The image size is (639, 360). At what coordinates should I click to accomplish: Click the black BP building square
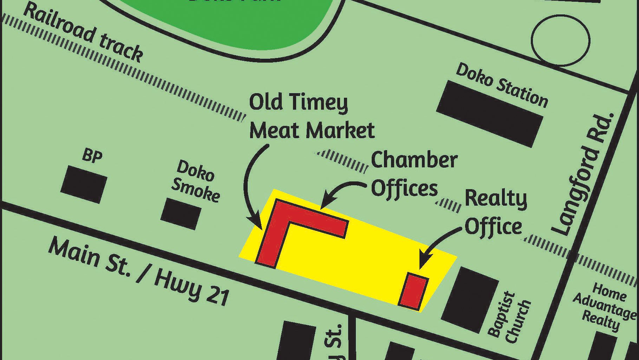point(84,185)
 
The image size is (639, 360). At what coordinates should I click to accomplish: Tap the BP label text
point(92,155)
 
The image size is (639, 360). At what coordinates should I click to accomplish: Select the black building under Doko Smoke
point(181,213)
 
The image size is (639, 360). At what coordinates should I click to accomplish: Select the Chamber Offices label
point(414,174)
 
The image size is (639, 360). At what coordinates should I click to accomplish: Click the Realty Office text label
point(495,213)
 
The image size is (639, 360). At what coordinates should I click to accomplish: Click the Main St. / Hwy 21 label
point(139,271)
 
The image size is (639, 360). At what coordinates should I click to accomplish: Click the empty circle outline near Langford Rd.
point(560,41)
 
